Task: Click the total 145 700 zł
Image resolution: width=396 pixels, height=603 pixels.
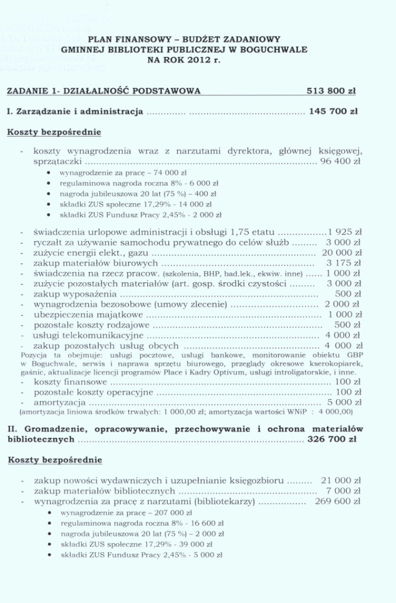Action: pos(333,113)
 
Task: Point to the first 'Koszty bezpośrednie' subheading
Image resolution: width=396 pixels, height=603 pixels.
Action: pos(54,132)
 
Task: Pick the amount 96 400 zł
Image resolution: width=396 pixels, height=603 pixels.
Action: pos(340,161)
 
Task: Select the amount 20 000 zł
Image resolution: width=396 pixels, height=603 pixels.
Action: pos(341,253)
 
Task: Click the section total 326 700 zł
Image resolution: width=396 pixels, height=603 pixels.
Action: pos(332,439)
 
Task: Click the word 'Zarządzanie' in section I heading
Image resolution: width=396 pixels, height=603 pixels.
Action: pos(42,113)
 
